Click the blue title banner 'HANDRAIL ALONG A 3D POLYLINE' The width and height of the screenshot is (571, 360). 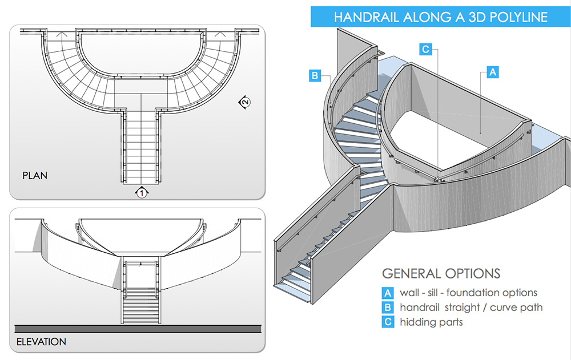(x=440, y=17)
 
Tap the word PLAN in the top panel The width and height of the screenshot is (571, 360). (x=35, y=175)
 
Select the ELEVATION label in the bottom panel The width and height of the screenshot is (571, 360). (x=41, y=342)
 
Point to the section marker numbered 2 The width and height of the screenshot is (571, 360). (x=244, y=102)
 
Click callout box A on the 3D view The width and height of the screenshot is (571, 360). (x=492, y=72)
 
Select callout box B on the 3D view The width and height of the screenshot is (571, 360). (x=315, y=75)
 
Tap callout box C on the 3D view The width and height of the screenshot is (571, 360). (x=425, y=49)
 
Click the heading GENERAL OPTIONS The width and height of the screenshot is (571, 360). (x=441, y=273)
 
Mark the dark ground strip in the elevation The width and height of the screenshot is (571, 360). (x=138, y=329)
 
